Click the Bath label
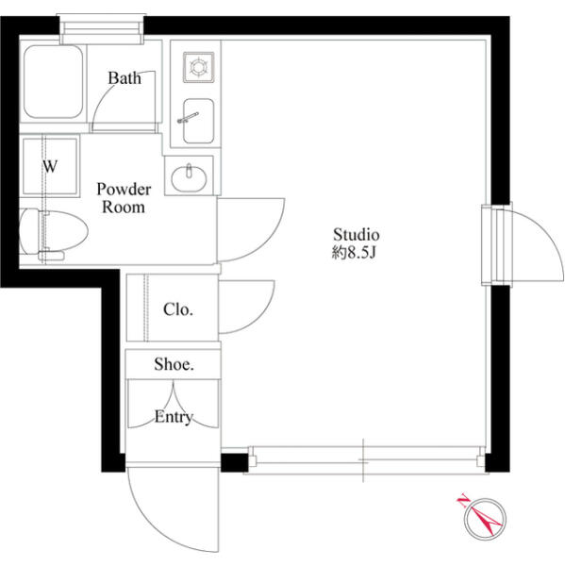(125, 78)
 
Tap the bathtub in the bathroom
(53, 81)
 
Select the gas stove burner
(199, 67)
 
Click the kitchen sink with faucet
(198, 121)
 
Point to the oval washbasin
(189, 178)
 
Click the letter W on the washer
(50, 166)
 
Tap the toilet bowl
(54, 231)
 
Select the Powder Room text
(124, 198)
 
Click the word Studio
(356, 235)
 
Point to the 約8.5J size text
(354, 253)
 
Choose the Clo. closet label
(178, 309)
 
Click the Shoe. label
(174, 364)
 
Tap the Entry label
(174, 417)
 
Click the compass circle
(485, 519)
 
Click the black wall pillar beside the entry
(234, 463)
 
